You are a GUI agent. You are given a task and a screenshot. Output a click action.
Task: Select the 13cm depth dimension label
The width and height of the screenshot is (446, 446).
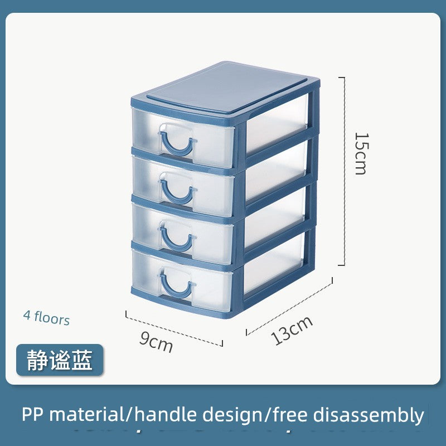(292, 330)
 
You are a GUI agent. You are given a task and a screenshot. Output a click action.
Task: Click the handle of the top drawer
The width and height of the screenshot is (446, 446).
(177, 143)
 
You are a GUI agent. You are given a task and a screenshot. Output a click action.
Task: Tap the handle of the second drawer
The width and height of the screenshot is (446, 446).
(178, 191)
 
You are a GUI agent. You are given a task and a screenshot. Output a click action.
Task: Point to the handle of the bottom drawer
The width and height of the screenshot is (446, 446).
(177, 286)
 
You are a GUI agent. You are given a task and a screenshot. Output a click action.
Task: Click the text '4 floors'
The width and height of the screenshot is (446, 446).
(46, 318)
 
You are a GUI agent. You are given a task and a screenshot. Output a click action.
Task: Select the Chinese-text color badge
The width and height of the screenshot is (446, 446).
(60, 360)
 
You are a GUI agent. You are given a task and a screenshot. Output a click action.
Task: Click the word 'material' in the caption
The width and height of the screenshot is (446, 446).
(87, 414)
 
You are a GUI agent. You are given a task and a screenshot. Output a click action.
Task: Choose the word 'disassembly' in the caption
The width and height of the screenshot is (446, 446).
(369, 415)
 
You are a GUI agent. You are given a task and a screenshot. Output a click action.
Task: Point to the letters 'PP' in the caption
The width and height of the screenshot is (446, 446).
(32, 414)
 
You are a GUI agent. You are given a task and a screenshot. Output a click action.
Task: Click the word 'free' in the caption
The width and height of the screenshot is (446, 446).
(290, 414)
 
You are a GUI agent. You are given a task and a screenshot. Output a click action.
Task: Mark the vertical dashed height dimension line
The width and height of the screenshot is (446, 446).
(344, 171)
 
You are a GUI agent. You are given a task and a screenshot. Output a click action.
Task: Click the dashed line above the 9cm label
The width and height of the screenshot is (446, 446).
(174, 328)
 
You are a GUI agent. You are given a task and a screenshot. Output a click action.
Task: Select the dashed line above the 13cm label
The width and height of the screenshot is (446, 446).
(289, 306)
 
